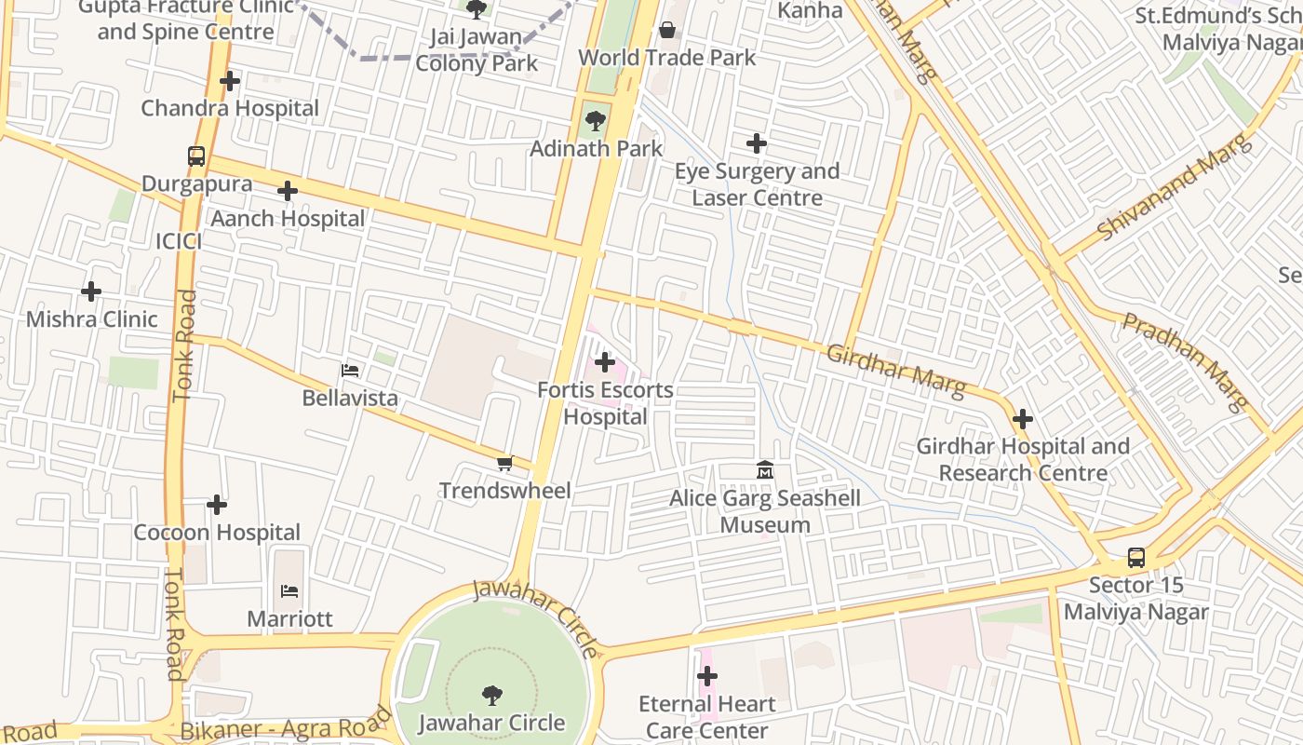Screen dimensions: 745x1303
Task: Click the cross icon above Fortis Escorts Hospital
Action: coord(605,361)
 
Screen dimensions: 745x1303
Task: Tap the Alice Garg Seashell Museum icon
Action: coord(765,469)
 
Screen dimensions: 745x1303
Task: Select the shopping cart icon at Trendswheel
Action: coord(505,463)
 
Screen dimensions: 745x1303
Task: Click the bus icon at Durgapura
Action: coord(196,156)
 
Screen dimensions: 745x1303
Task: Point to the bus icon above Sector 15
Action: coord(1136,557)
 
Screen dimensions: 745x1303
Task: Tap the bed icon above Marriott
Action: coord(289,590)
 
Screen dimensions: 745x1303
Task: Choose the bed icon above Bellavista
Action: coord(350,371)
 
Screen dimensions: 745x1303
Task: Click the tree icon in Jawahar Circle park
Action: coord(492,695)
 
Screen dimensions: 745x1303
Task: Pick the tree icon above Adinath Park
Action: coord(596,120)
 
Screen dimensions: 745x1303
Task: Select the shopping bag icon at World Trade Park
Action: coord(667,30)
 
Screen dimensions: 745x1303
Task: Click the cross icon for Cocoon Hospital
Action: coord(217,505)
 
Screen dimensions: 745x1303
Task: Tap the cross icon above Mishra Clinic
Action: coord(91,291)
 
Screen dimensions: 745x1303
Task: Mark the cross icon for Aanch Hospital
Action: coord(288,191)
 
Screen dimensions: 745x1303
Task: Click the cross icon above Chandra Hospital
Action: coord(230,81)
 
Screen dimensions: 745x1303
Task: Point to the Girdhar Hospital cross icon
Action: coord(1023,419)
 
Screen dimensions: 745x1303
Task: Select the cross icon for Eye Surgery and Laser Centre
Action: coord(757,143)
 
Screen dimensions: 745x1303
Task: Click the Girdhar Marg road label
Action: coord(895,371)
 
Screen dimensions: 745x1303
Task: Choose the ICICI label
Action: coord(179,241)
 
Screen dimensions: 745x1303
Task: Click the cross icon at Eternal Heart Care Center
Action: coord(707,676)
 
